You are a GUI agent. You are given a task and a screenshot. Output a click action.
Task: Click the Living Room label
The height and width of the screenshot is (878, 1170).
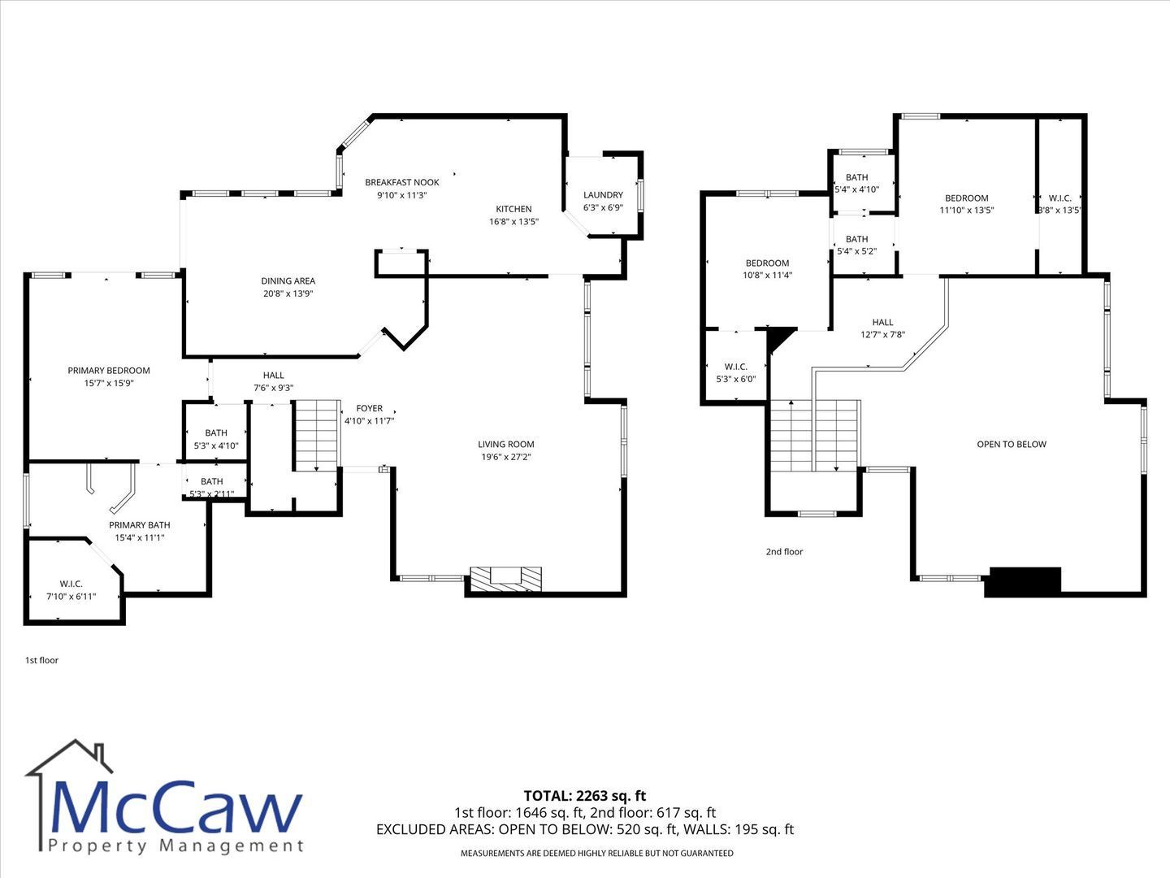(506, 444)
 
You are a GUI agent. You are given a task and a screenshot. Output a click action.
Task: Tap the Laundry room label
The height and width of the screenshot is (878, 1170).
(603, 195)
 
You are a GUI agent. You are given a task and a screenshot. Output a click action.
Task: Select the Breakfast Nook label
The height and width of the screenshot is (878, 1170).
(402, 182)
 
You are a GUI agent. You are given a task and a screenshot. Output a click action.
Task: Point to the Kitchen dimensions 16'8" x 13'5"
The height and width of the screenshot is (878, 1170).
(513, 222)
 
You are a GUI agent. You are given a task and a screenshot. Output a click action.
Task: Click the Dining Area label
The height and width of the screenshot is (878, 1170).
(288, 281)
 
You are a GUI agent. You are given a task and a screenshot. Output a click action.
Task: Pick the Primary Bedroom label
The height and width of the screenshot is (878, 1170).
(109, 371)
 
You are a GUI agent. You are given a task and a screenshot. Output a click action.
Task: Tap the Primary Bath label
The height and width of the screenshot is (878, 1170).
(140, 525)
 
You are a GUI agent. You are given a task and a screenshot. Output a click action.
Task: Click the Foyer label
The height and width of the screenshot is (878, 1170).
(370, 408)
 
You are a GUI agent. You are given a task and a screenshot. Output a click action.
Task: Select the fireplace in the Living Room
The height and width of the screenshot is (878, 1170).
(505, 579)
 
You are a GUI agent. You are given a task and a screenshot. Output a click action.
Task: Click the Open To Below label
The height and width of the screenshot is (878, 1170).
(1012, 444)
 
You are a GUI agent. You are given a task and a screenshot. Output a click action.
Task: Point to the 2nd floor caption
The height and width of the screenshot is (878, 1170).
(784, 552)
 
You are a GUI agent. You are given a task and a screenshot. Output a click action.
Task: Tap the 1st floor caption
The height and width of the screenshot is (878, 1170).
(41, 660)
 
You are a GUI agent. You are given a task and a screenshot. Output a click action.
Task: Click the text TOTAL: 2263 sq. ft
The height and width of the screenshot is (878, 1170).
(585, 796)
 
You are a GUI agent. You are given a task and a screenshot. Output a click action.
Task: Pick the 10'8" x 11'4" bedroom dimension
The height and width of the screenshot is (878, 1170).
(768, 276)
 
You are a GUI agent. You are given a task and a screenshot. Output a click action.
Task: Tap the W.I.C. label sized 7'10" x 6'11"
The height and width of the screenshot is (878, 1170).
(71, 585)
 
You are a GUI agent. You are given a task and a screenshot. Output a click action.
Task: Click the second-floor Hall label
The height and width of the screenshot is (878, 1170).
(882, 323)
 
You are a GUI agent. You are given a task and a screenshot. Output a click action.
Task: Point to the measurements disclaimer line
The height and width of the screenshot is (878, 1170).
(597, 854)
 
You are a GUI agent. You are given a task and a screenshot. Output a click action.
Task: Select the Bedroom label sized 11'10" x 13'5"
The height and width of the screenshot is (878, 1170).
(966, 198)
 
